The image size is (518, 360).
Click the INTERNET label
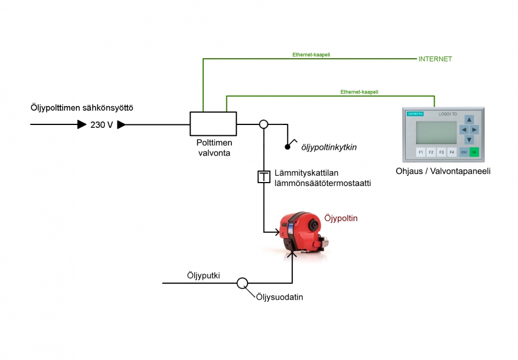pyautogui.click(x=435, y=59)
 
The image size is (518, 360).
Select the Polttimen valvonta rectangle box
pyautogui.click(x=213, y=123)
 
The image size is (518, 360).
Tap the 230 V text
pyautogui.click(x=102, y=124)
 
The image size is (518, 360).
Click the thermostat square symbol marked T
pyautogui.click(x=264, y=177)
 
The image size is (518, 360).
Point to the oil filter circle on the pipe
pyautogui.click(x=242, y=283)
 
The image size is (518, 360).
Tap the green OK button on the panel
pyautogui.click(x=474, y=153)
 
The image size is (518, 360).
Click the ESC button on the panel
pyautogui.click(x=464, y=153)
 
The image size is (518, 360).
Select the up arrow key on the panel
pyautogui.click(x=469, y=120)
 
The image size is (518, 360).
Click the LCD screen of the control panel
pyautogui.click(x=436, y=132)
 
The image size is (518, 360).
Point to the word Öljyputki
pyautogui.click(x=203, y=275)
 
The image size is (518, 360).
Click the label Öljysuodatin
pyautogui.click(x=280, y=297)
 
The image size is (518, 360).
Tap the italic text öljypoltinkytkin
pyautogui.click(x=329, y=147)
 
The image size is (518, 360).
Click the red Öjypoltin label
pyautogui.click(x=341, y=219)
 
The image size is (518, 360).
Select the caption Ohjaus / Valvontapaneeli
pyautogui.click(x=443, y=171)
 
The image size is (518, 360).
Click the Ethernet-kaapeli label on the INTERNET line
pyautogui.click(x=311, y=55)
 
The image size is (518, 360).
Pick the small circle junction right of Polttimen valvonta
pyautogui.click(x=264, y=124)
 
